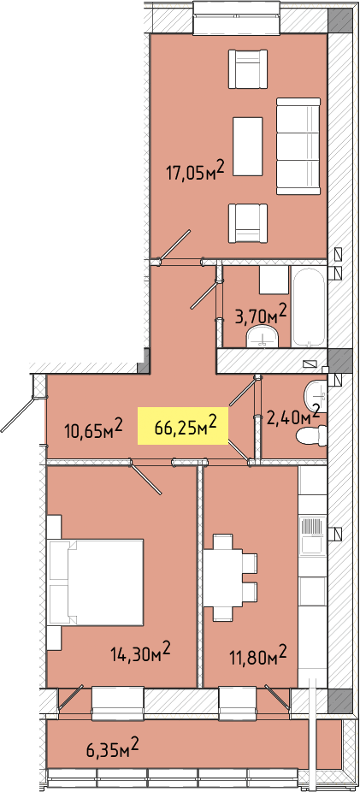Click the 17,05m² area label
pyautogui.click(x=195, y=172)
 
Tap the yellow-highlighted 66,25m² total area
pyautogui.click(x=183, y=427)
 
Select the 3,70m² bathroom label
pyautogui.click(x=261, y=316)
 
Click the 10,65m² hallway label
pyautogui.click(x=94, y=430)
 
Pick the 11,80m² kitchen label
pyautogui.click(x=257, y=657)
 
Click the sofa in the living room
pyautogui.click(x=298, y=146)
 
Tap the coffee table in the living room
pyautogui.click(x=247, y=146)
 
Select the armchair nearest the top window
pyautogui.click(x=247, y=69)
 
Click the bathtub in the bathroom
pyautogui.click(x=309, y=306)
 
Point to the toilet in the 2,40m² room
pyautogui.click(x=310, y=434)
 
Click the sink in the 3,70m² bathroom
pyautogui.click(x=263, y=337)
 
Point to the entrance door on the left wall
pyautogui.click(x=19, y=415)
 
